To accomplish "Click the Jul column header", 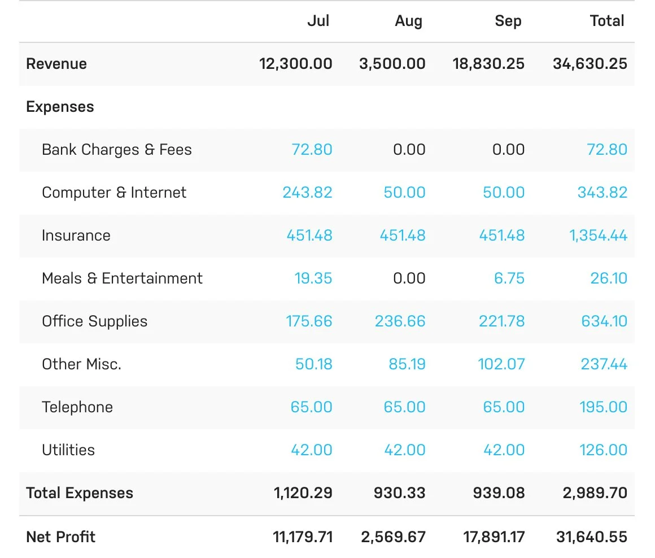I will (318, 21).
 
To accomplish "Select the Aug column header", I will (408, 21).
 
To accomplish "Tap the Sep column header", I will (508, 21).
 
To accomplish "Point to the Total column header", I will (607, 21).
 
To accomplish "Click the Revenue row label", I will (56, 64).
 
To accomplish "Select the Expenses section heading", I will (60, 107).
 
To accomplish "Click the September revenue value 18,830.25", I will (488, 64).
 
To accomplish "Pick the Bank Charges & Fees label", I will (117, 150).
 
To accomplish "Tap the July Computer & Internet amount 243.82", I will (307, 193).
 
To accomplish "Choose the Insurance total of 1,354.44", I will (598, 236).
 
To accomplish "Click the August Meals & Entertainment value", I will (409, 278).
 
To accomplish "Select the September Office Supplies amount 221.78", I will (501, 321).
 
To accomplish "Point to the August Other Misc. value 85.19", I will (407, 364).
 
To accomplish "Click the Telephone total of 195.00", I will (603, 407).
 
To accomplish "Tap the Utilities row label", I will (68, 450).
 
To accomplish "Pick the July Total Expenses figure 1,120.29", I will (303, 493).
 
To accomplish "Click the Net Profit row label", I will (61, 537).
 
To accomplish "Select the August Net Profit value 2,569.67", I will (393, 537).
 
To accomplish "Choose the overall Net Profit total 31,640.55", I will (592, 537).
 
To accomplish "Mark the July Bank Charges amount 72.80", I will (312, 150).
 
